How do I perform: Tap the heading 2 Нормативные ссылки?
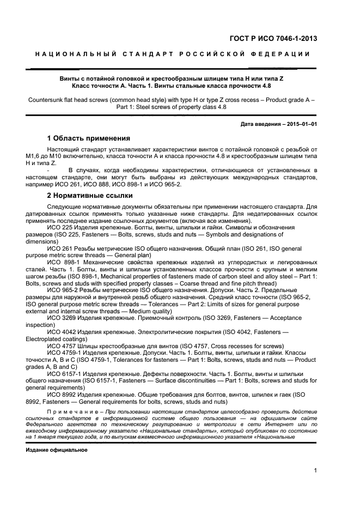point(89,196)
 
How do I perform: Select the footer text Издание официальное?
point(57,451)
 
